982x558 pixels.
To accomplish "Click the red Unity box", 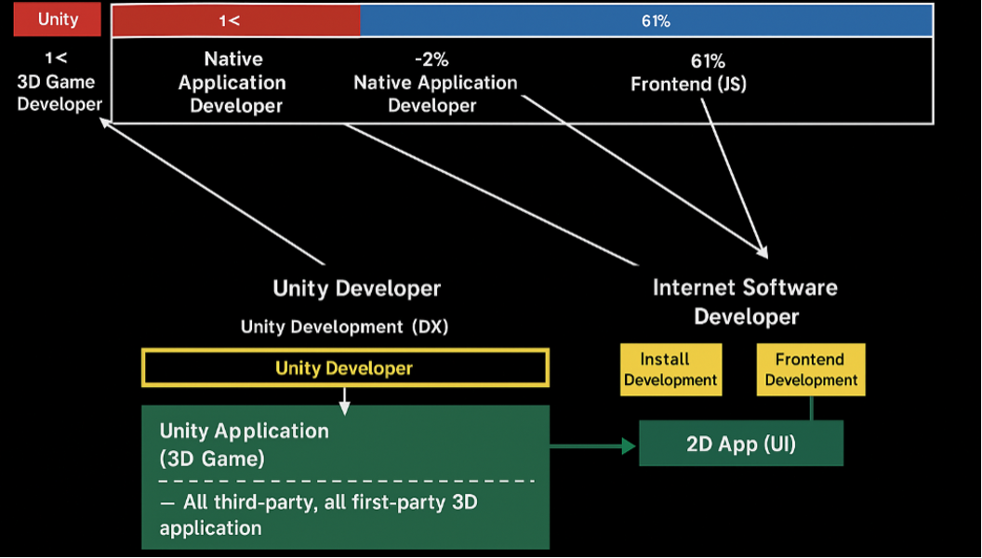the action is pyautogui.click(x=57, y=19).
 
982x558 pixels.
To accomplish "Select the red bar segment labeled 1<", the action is pyautogui.click(x=236, y=20).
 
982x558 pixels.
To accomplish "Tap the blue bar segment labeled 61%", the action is pyautogui.click(x=646, y=20).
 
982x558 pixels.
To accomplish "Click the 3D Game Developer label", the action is pyautogui.click(x=59, y=82).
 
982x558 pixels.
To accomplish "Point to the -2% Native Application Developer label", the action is pyautogui.click(x=435, y=83).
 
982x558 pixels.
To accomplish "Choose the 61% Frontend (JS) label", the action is pyautogui.click(x=688, y=73).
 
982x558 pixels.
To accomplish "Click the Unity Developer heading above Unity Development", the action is pyautogui.click(x=356, y=288).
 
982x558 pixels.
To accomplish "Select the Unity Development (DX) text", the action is pyautogui.click(x=344, y=327).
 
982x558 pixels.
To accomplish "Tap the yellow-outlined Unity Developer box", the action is pyautogui.click(x=345, y=367).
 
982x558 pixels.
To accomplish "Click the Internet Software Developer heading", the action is pyautogui.click(x=745, y=302).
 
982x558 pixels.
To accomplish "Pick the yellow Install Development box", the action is pyautogui.click(x=670, y=369).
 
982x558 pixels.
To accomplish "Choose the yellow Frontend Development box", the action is pyautogui.click(x=811, y=369).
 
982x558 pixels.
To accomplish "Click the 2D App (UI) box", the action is pyautogui.click(x=741, y=444).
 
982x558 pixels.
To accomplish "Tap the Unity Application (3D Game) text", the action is pyautogui.click(x=244, y=444).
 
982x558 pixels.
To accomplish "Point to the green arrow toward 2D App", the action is pyautogui.click(x=593, y=446).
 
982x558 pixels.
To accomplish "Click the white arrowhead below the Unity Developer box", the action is pyautogui.click(x=344, y=407).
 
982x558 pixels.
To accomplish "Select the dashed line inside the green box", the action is pyautogui.click(x=346, y=481).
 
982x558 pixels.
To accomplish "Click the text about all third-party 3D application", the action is pyautogui.click(x=318, y=515).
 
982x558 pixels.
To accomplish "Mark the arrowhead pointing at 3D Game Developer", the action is pyautogui.click(x=106, y=124).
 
